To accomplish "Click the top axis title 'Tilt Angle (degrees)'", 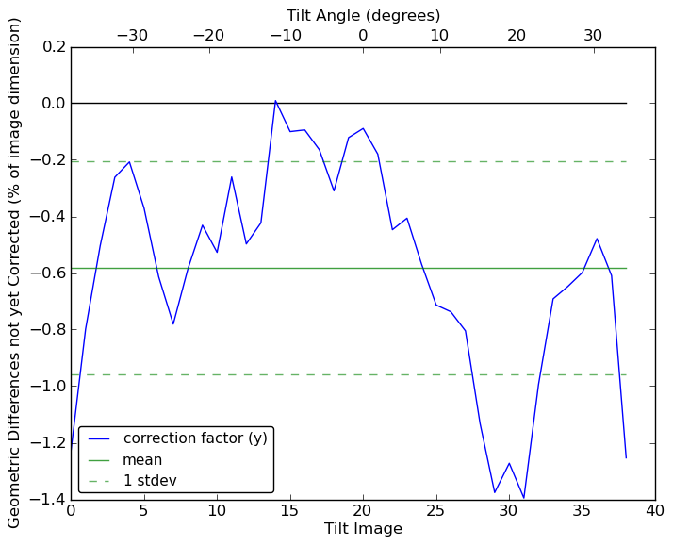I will pos(363,15).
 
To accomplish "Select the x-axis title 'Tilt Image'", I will pos(363,529).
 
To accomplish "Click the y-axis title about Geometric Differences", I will pos(15,273).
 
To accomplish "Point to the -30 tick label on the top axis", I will pos(132,36).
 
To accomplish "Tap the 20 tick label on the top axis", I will pos(517,36).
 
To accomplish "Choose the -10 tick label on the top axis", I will pos(286,36).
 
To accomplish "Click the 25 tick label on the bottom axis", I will pos(436,511).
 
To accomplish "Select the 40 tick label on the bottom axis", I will pos(655,511).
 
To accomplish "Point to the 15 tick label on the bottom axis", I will pos(290,511).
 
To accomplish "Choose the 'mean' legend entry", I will pos(142,460).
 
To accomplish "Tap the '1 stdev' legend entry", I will pos(150,481).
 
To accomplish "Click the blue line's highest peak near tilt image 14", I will pos(275,101).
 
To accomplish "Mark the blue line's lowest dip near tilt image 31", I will pos(524,498).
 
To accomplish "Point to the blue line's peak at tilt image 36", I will pos(597,239).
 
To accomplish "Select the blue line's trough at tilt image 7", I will pos(173,323).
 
